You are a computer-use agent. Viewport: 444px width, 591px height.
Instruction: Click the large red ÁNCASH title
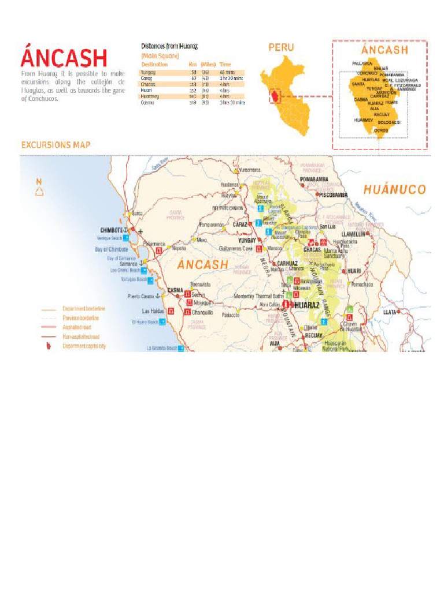64,58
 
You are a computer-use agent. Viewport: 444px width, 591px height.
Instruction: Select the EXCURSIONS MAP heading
55,145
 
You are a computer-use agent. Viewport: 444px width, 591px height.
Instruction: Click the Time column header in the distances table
225,65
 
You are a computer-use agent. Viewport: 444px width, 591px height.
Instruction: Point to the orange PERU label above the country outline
281,47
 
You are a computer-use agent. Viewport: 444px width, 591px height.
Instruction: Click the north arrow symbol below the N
39,192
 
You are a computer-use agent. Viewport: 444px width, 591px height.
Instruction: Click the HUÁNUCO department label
394,189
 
